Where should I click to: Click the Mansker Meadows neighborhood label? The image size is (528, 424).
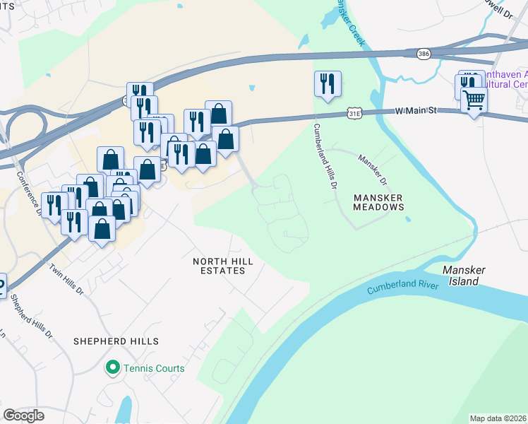click(x=379, y=202)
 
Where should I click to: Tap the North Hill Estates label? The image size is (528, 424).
click(x=222, y=266)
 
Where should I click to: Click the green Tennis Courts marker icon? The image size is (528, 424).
click(x=112, y=367)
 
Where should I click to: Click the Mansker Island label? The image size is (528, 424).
click(x=461, y=276)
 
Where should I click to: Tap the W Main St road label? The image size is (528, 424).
click(x=416, y=110)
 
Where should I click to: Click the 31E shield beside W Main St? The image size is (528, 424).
click(x=354, y=112)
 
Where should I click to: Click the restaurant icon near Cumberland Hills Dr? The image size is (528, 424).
click(x=328, y=83)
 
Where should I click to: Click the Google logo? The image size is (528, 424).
click(x=23, y=416)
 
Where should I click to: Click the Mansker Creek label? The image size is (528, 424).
click(x=350, y=23)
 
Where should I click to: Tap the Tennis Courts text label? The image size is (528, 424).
click(x=154, y=368)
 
